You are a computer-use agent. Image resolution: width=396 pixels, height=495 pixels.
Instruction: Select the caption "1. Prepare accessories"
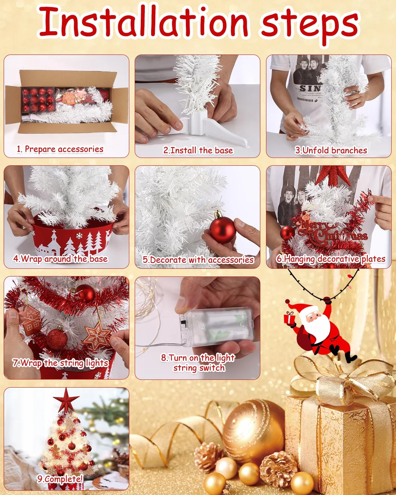[60, 149]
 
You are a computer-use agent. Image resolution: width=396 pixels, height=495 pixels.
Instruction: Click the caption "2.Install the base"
[198, 150]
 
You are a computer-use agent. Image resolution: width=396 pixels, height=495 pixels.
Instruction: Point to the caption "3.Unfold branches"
[331, 150]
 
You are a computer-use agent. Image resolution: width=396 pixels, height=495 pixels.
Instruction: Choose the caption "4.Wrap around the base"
[60, 259]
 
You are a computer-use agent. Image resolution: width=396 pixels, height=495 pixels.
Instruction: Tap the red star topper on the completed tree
[66, 400]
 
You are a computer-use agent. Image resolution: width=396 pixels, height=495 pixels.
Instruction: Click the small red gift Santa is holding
[290, 319]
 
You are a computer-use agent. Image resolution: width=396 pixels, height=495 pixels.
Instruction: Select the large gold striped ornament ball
[253, 432]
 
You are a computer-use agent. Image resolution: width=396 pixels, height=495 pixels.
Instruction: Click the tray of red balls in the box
[38, 100]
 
